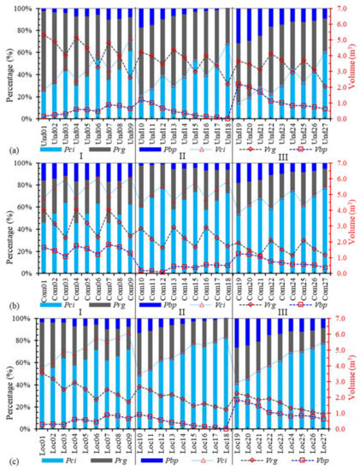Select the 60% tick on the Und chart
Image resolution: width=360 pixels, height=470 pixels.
21,52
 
